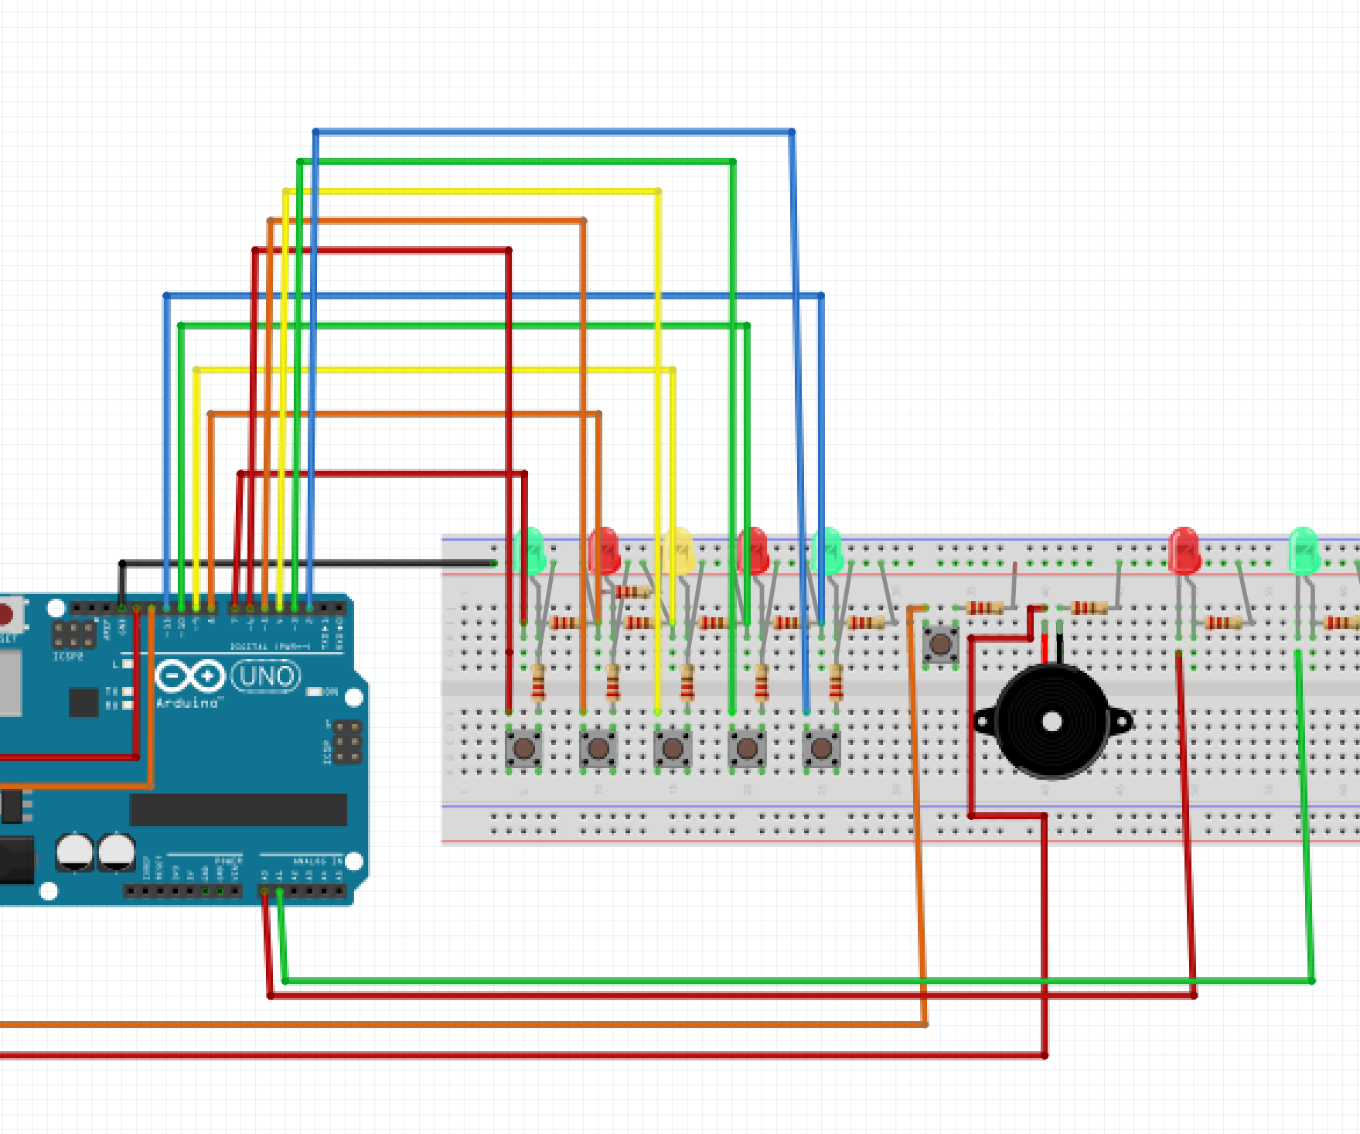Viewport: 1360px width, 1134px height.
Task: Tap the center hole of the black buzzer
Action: tap(1052, 722)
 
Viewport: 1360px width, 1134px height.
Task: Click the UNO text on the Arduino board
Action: tap(266, 677)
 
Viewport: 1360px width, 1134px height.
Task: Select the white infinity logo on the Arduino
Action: tap(189, 676)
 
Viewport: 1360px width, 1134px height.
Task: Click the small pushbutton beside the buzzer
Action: tap(940, 644)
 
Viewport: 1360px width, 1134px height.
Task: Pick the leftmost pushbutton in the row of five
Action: tap(523, 748)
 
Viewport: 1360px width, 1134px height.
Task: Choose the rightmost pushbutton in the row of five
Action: tap(821, 748)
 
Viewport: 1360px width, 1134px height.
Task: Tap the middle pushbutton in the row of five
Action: tap(673, 748)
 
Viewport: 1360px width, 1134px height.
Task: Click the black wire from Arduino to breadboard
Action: tap(309, 563)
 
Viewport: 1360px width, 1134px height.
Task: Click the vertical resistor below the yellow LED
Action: tap(687, 681)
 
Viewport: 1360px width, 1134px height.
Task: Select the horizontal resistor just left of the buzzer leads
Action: tap(985, 608)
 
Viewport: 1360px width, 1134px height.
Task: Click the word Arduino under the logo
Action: tap(187, 703)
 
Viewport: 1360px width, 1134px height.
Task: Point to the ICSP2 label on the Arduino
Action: tap(67, 657)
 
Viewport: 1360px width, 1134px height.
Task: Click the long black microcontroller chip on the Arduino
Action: tap(238, 810)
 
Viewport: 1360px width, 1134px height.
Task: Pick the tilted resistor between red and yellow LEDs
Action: tap(632, 592)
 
